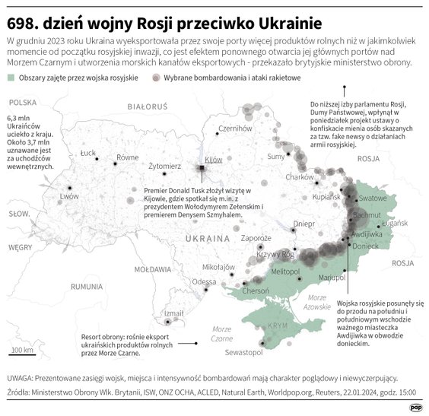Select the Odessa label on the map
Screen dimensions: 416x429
(203, 281)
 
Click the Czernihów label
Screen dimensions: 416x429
(234, 129)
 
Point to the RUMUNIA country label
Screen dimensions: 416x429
(86, 287)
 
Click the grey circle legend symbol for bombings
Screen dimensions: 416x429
(155, 78)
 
